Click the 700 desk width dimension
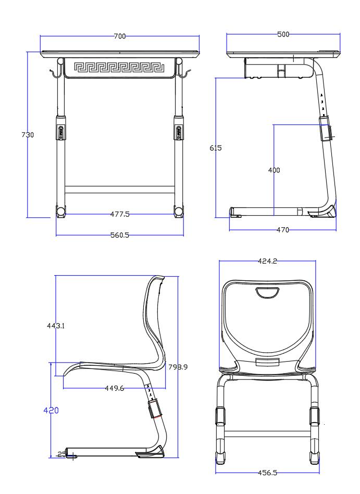(120, 36)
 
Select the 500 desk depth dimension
(283, 34)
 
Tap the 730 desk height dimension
(28, 134)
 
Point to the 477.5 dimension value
(120, 214)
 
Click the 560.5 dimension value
(120, 235)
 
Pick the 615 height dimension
(215, 148)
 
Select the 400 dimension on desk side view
(274, 170)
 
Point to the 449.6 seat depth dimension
(114, 388)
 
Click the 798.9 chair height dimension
(178, 367)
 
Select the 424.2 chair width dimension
(267, 262)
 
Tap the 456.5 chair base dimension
(267, 473)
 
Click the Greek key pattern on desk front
(120, 67)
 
